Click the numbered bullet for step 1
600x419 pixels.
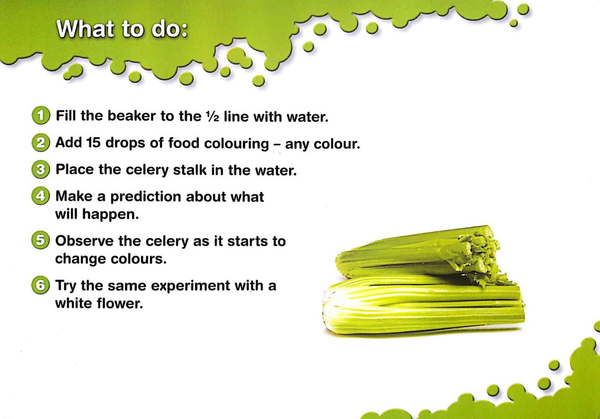tap(41, 116)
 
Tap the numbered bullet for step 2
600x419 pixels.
tap(41, 143)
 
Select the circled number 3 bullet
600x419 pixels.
tap(41, 170)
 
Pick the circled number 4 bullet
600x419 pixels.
tap(41, 196)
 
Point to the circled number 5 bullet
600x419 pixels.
tap(41, 241)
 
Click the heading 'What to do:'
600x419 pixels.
tap(122, 29)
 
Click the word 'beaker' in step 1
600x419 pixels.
tap(132, 116)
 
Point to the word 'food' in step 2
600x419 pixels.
tap(184, 143)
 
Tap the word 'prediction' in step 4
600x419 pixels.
tap(146, 197)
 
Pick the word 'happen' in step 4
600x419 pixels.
tap(110, 215)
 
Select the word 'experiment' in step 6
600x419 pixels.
tap(191, 286)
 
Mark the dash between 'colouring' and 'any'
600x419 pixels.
tap(277, 145)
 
